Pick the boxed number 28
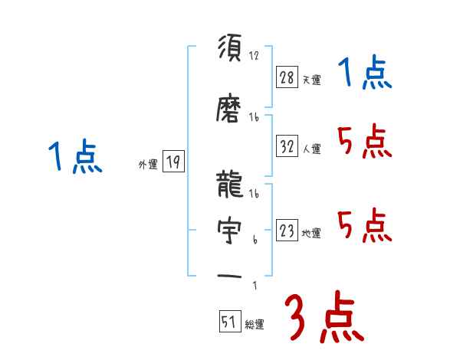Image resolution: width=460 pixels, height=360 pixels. (287, 77)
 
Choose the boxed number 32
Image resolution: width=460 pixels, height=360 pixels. (287, 146)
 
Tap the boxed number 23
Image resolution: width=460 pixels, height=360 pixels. (287, 231)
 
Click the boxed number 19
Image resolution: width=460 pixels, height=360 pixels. (173, 162)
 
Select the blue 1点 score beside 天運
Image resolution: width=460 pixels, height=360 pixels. (365, 75)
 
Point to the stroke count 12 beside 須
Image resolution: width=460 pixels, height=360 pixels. (255, 55)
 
